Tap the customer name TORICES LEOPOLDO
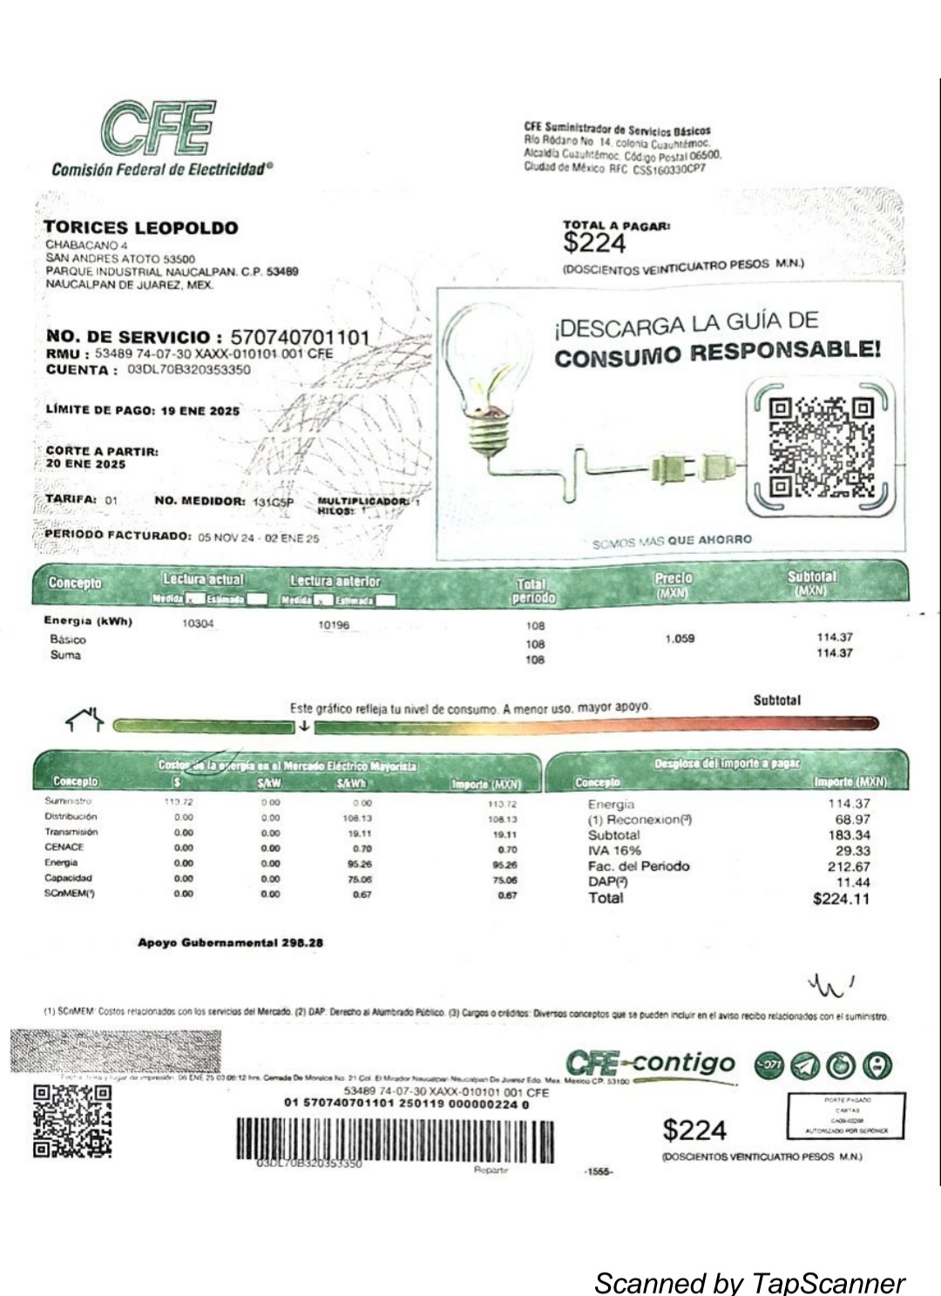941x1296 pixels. pos(140,228)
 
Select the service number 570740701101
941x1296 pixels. pos(300,337)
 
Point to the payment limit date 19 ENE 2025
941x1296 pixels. pos(200,411)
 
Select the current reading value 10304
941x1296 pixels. pos(198,624)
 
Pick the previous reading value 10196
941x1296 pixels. pos(333,625)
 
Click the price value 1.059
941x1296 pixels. pos(680,638)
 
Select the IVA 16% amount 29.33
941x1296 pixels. pos(852,851)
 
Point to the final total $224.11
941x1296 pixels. pos(841,899)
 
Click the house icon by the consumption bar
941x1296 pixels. pos(85,719)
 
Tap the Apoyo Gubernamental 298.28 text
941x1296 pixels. pos(230,942)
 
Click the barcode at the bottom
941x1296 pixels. pos(395,1139)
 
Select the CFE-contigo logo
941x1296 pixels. pos(650,1063)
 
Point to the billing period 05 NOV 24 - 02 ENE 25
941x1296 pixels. pos(258,538)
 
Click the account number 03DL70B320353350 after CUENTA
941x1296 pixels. pos(188,369)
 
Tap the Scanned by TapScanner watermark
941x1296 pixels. pos(749,1282)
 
